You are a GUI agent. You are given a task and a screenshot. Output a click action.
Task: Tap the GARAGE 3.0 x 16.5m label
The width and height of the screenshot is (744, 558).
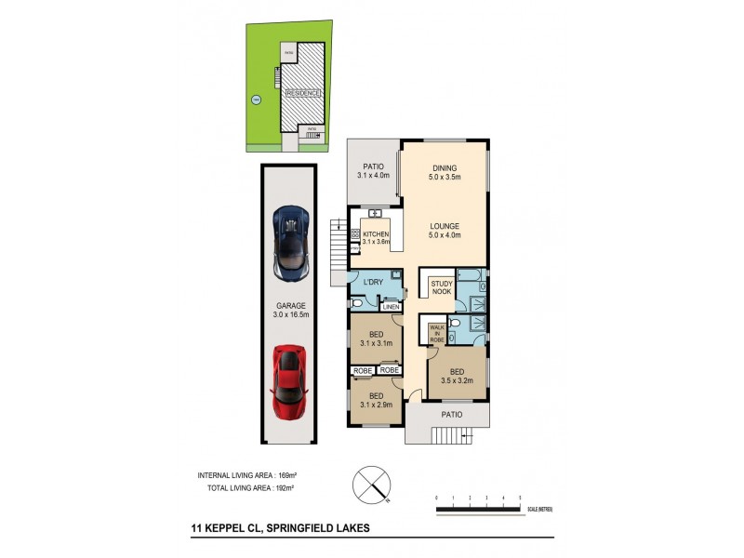point(288,310)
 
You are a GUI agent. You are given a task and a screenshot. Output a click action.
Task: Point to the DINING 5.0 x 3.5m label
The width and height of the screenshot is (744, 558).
point(445,171)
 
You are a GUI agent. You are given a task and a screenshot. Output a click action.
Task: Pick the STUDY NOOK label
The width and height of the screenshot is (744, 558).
point(441,287)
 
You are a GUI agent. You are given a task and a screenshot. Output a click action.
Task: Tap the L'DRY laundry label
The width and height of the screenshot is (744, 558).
point(374,282)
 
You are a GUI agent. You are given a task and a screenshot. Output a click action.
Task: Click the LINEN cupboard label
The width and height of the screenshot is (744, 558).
point(391,307)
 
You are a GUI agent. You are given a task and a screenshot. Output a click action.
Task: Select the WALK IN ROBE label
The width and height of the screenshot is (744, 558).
point(436,334)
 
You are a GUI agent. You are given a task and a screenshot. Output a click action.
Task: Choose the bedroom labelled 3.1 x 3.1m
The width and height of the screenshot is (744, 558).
point(376,338)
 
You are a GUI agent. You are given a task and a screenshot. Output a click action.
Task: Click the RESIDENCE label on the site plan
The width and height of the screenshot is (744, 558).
point(303,93)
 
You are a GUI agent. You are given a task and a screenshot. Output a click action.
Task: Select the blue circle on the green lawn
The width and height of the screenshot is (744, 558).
point(256,100)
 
